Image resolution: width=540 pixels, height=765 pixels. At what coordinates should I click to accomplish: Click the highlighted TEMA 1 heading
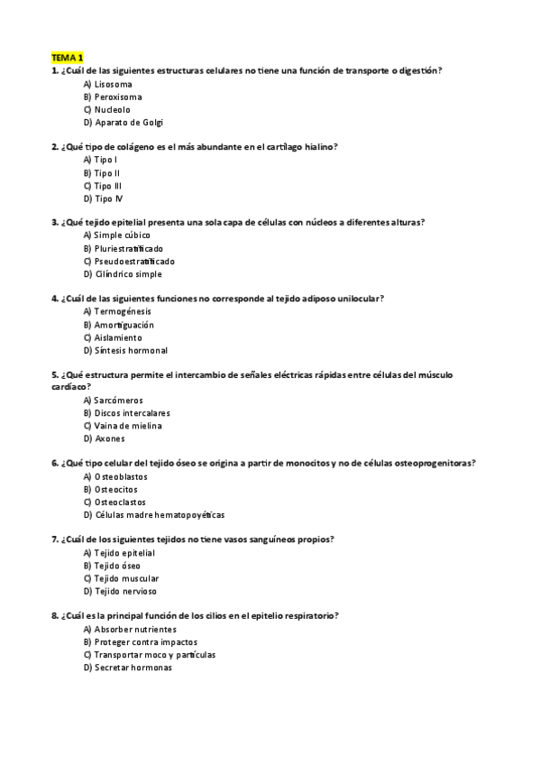(x=66, y=57)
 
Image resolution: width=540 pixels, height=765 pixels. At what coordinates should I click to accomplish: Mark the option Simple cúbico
(x=115, y=235)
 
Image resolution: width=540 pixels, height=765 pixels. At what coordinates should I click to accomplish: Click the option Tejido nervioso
(x=119, y=591)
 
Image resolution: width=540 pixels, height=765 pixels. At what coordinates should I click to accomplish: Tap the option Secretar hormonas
(x=127, y=668)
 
